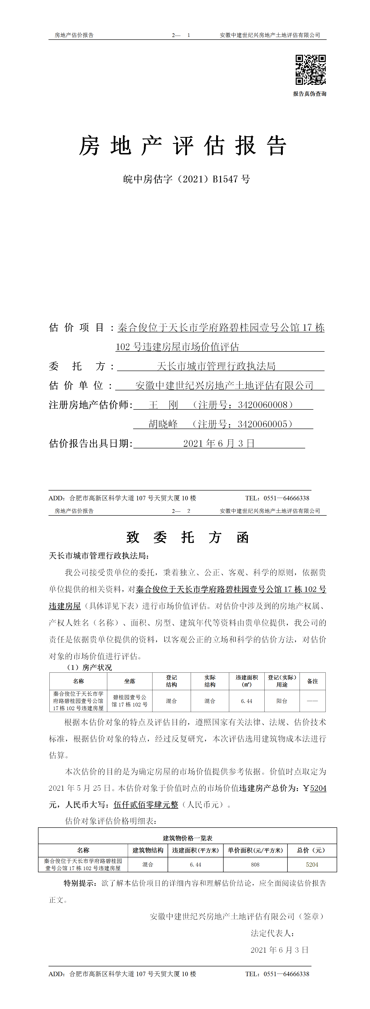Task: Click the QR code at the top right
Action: [310, 70]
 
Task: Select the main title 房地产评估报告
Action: [183, 146]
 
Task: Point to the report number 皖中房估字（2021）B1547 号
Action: [187, 179]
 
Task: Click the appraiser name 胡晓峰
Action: [163, 424]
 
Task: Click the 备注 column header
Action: [312, 681]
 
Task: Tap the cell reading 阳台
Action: [282, 701]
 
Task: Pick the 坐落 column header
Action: [130, 681]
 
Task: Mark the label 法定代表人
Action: [272, 933]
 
